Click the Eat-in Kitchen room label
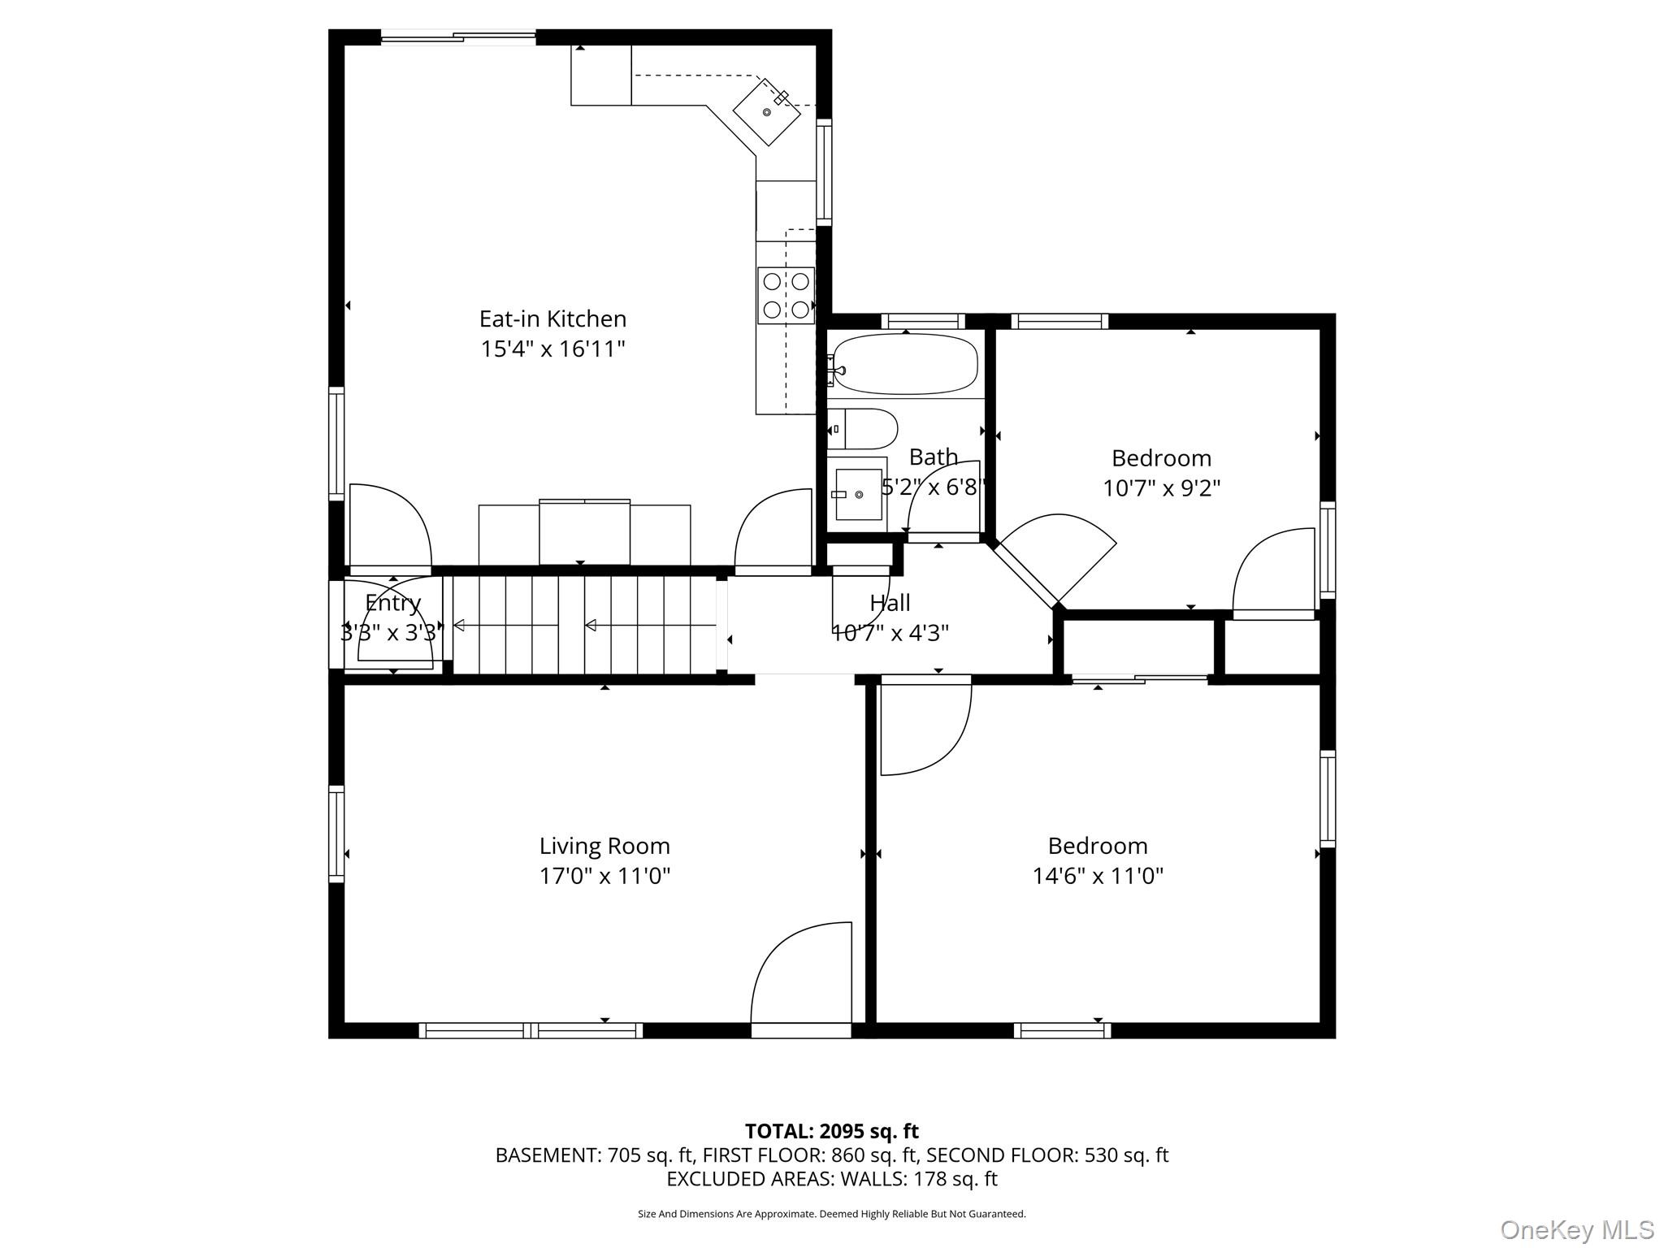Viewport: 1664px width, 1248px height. [x=552, y=318]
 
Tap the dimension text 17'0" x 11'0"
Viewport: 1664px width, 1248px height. [x=604, y=876]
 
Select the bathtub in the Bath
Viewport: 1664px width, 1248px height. [x=905, y=364]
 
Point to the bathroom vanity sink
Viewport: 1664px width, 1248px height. [x=858, y=494]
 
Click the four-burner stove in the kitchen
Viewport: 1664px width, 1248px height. [x=786, y=295]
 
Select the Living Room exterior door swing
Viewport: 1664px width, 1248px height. [x=800, y=975]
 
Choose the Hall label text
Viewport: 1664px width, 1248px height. [x=890, y=603]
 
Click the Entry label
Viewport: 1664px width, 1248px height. [x=393, y=603]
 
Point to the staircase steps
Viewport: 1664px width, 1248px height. [x=585, y=625]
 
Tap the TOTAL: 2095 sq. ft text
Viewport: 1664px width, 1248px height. [x=831, y=1131]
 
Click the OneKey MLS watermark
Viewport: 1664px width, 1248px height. [x=1576, y=1230]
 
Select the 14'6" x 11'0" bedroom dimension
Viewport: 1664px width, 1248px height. [x=1097, y=876]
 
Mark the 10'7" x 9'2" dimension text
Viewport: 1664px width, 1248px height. [x=1161, y=488]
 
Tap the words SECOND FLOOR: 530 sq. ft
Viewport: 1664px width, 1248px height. [x=1046, y=1155]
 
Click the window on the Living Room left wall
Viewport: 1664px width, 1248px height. [x=336, y=833]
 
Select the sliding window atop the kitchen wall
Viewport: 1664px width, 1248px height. [x=458, y=37]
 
